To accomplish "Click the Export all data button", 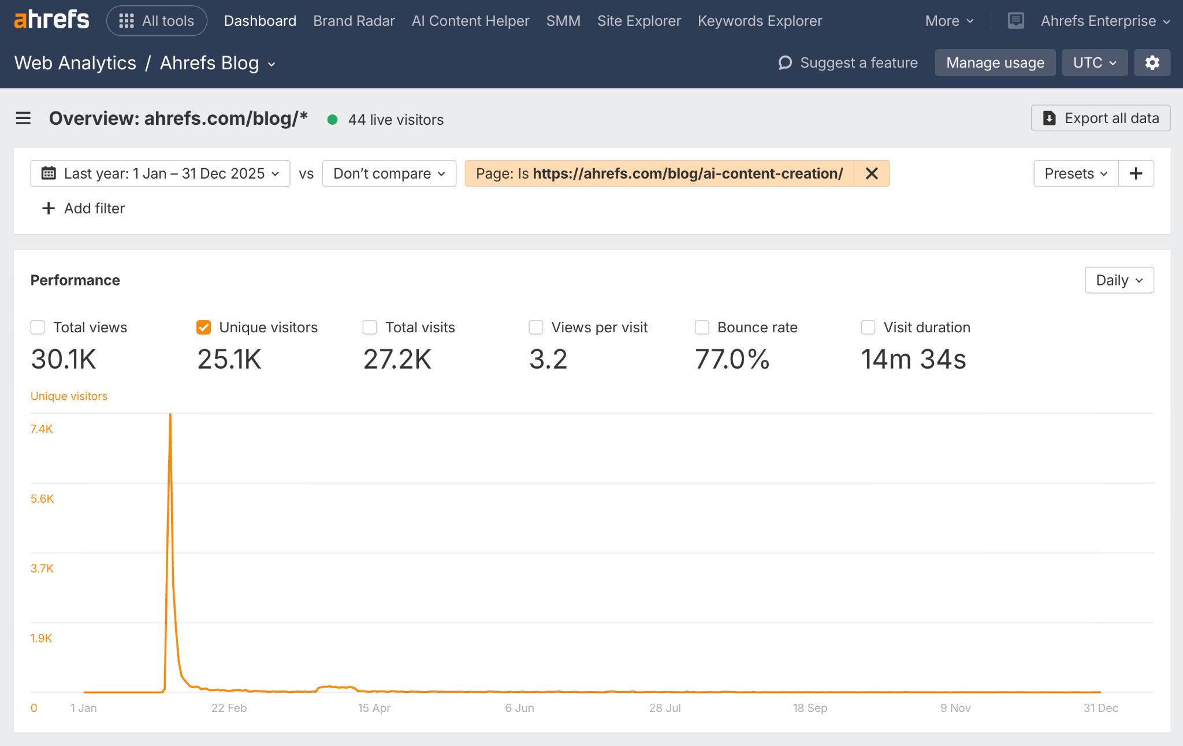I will click(x=1100, y=118).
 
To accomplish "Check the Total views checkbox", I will click(x=38, y=328).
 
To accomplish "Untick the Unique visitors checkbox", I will click(x=203, y=328).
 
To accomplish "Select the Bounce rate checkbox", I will click(x=702, y=328).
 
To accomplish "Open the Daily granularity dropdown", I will click(x=1119, y=280).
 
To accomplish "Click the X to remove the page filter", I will click(x=872, y=173).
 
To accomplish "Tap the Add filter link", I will click(x=84, y=208).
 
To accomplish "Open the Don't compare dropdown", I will click(x=389, y=173).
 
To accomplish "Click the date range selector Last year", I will click(x=160, y=173).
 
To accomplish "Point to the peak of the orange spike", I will click(x=170, y=415).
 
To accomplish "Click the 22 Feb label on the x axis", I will click(x=229, y=708).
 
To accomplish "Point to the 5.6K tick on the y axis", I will click(x=42, y=499).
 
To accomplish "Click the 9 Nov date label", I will click(x=955, y=708).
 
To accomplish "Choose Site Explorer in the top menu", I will click(x=639, y=21).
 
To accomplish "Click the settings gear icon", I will click(x=1152, y=62).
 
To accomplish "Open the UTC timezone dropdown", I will click(x=1094, y=62).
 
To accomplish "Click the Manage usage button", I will click(x=995, y=62).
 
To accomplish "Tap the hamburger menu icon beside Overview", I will click(x=23, y=118).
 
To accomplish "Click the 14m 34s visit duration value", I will click(x=913, y=359).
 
